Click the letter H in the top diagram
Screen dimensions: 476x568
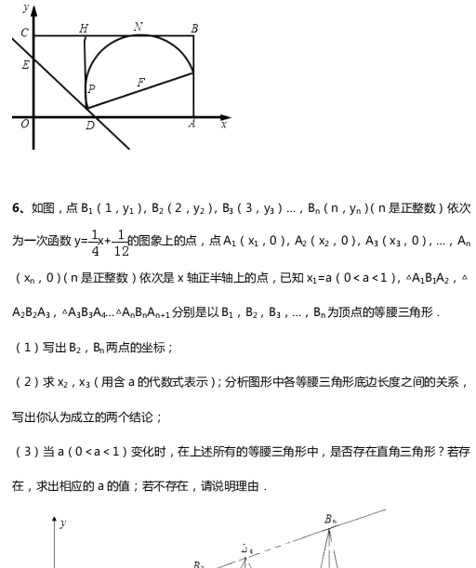[85, 28]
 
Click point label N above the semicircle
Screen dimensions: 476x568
[139, 26]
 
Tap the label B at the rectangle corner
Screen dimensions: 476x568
[194, 28]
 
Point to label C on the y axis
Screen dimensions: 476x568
[24, 33]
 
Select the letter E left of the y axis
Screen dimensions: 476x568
[25, 65]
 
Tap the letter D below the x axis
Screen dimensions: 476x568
[89, 125]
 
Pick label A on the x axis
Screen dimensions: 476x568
[192, 124]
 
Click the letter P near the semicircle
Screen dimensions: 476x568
[91, 89]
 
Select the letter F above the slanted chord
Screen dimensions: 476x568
[141, 83]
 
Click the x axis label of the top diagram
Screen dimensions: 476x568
[224, 125]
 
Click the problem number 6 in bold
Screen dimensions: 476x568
[16, 207]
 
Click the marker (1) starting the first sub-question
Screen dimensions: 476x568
[25, 348]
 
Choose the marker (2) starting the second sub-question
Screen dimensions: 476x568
[25, 382]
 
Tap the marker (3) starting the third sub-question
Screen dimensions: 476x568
[25, 452]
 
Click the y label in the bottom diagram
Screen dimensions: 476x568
[63, 523]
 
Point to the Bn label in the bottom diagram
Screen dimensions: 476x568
[331, 519]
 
